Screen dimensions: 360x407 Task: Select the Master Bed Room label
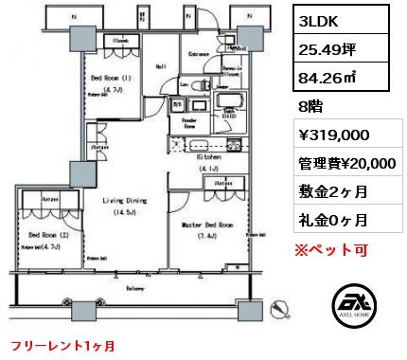tap(207, 225)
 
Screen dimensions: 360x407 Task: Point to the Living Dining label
tap(124, 200)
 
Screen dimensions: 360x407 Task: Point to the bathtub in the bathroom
tap(229, 102)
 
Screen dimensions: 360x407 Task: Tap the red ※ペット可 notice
tap(327, 250)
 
